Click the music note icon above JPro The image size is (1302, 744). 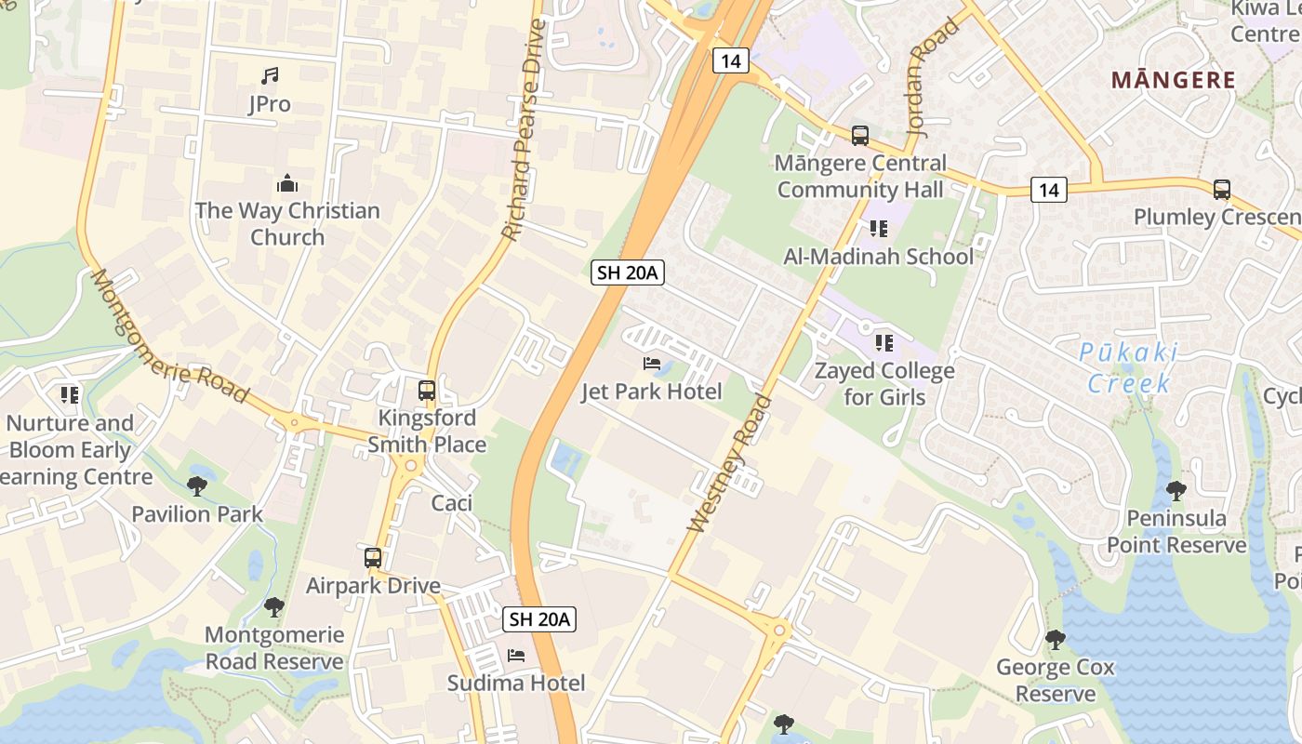coord(270,75)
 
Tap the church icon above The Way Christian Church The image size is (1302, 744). coord(287,183)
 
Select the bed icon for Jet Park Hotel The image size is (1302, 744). coord(652,364)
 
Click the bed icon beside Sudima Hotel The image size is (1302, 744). coord(516,656)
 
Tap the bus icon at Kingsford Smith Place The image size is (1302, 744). coord(427,391)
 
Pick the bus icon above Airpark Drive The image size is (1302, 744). coord(373,558)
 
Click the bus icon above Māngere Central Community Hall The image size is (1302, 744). coord(860,136)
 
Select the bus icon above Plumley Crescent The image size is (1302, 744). coord(1222,190)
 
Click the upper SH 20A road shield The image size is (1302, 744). coord(628,272)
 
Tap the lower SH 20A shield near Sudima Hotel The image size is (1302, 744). coord(539,618)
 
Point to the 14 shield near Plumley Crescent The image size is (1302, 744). coord(1048,190)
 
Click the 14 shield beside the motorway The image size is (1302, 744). coord(731,61)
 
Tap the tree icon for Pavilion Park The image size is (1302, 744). coord(196,485)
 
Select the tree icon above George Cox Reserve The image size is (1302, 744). coord(1055,639)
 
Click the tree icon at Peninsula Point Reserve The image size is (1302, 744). coord(1176,490)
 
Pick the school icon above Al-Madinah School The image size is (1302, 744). coord(879,229)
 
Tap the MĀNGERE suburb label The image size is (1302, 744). coord(1174,80)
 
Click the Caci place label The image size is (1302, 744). coord(452,503)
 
